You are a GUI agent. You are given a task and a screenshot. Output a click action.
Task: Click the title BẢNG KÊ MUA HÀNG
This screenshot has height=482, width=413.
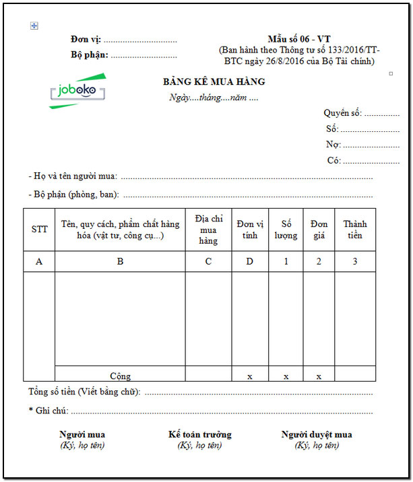pyautogui.click(x=214, y=82)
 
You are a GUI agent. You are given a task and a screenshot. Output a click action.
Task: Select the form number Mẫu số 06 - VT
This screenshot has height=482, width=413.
pyautogui.click(x=298, y=39)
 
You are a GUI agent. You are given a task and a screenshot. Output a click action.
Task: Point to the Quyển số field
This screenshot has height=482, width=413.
pyautogui.click(x=342, y=113)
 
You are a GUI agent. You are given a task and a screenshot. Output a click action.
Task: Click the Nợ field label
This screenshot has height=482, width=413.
pyautogui.click(x=333, y=145)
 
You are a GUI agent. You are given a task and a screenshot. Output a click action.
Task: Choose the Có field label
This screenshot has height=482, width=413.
pyautogui.click(x=333, y=161)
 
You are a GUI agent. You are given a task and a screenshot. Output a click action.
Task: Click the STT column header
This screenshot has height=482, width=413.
pyautogui.click(x=40, y=230)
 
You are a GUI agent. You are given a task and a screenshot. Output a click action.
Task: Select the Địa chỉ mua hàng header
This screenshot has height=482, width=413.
pyautogui.click(x=209, y=230)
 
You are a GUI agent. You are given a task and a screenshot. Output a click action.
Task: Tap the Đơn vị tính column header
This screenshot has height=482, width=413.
pyautogui.click(x=250, y=230)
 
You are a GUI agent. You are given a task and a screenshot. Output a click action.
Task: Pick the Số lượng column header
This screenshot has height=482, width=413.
pyautogui.click(x=286, y=230)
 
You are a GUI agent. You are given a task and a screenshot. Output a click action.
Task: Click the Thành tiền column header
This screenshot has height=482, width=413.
pyautogui.click(x=354, y=230)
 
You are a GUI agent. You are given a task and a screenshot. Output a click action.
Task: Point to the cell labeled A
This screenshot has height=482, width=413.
pyautogui.click(x=40, y=262)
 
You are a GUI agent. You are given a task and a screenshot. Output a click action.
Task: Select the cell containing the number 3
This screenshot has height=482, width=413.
pyautogui.click(x=354, y=262)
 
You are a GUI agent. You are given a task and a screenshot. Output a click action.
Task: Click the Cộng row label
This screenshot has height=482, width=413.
pyautogui.click(x=120, y=376)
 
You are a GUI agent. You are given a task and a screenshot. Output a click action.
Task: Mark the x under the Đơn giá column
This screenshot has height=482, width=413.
pyautogui.click(x=319, y=376)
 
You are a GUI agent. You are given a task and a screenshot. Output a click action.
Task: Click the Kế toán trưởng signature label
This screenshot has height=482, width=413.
pyautogui.click(x=199, y=435)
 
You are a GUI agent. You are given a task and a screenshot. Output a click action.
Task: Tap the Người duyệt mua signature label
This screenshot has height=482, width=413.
pyautogui.click(x=317, y=435)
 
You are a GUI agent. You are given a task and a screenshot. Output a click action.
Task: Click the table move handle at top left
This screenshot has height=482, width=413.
pyautogui.click(x=34, y=26)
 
